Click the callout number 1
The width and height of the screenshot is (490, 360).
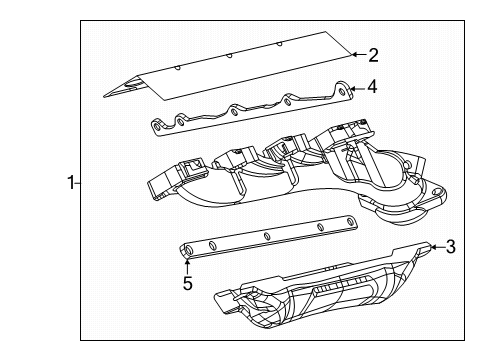point(70,183)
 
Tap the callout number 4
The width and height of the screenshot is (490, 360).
point(372,87)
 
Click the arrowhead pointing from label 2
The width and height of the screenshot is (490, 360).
point(350,53)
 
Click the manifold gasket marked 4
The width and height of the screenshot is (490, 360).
point(250,111)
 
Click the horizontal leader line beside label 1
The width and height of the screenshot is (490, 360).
point(78,183)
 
